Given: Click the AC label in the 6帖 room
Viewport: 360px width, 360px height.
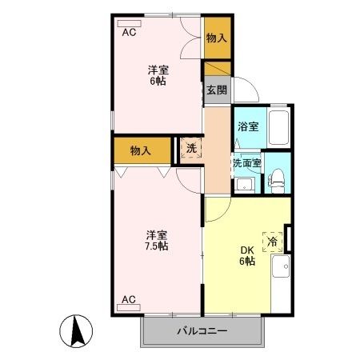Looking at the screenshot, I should point(128,33).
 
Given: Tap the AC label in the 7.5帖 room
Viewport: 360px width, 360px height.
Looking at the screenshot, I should point(128,300).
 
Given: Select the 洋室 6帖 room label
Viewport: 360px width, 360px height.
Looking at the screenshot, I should point(157,74).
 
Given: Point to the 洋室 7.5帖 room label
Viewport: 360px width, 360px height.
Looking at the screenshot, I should point(157,240).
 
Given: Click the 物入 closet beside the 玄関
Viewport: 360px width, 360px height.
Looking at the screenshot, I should point(216,38).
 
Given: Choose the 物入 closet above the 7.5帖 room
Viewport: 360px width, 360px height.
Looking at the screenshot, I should point(142,149).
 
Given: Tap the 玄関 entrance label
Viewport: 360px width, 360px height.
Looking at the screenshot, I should point(216,90).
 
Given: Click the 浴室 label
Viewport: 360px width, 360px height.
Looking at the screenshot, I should point(247,126).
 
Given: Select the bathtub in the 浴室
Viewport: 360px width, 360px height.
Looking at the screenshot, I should point(278,128).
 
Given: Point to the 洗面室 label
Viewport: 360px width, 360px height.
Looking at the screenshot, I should point(247,163).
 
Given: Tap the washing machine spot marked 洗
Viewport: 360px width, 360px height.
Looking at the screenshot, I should point(191,148).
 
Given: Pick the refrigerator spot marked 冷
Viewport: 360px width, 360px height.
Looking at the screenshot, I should point(273,241).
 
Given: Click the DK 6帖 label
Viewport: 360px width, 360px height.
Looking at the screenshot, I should point(247,254).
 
